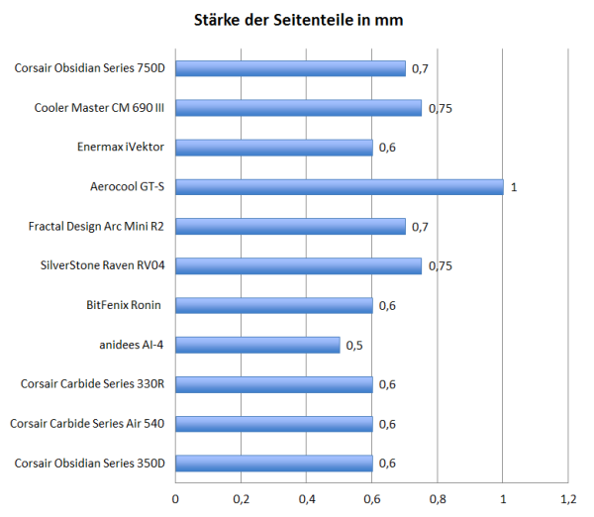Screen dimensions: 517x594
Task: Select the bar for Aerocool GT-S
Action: point(339,187)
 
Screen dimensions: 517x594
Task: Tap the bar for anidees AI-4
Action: point(257,345)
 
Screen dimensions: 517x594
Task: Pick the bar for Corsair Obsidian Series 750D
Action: point(290,68)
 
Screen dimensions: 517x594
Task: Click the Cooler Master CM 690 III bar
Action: point(298,108)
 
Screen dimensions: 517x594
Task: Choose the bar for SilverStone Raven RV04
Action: point(298,265)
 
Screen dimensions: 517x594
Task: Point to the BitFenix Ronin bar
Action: point(273,305)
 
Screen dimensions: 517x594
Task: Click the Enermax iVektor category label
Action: point(120,148)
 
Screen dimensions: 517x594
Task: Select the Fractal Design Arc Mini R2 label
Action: point(96,227)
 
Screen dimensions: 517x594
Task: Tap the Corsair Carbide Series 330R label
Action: point(92,384)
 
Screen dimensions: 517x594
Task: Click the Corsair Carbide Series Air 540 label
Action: point(87,424)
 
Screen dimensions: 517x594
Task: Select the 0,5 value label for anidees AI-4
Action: point(353,346)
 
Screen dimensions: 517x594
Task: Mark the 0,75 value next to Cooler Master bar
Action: point(441,108)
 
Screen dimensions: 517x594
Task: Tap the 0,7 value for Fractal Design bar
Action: point(419,227)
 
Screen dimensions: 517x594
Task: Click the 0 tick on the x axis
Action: point(176,497)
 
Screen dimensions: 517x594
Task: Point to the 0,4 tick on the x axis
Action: point(306,497)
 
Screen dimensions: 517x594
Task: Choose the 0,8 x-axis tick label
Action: point(437,497)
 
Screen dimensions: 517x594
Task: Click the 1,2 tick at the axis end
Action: point(567,497)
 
